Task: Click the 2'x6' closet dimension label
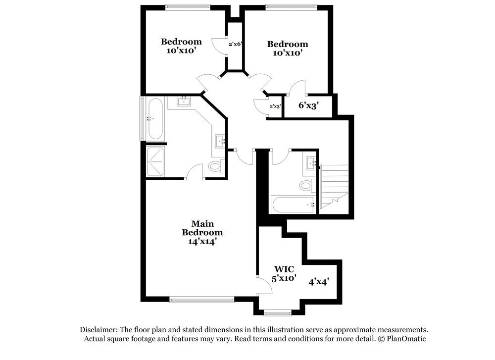(x=235, y=44)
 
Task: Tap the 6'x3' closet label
(x=308, y=105)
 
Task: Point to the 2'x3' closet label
(x=275, y=106)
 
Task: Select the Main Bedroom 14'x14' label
(x=202, y=232)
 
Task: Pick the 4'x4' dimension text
(x=319, y=281)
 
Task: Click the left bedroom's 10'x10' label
(x=181, y=46)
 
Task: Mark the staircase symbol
(x=335, y=187)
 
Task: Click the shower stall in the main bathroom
(x=155, y=161)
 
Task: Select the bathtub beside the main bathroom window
(x=155, y=119)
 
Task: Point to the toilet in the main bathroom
(x=215, y=166)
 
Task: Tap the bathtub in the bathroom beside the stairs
(x=293, y=205)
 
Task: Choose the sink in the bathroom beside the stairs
(x=311, y=163)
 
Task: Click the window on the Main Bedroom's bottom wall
(x=201, y=299)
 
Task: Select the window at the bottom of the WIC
(x=277, y=312)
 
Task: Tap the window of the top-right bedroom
(x=291, y=7)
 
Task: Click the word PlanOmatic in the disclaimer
(x=406, y=339)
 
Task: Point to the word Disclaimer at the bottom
(x=99, y=330)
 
